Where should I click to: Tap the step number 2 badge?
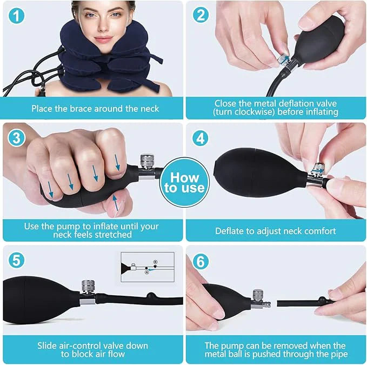201,15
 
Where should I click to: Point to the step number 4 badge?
201,138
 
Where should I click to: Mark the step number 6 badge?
201,261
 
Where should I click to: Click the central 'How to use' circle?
184,183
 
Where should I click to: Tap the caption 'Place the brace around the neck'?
95,109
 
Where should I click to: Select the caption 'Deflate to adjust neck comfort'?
275,231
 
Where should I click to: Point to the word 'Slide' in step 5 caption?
49,345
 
